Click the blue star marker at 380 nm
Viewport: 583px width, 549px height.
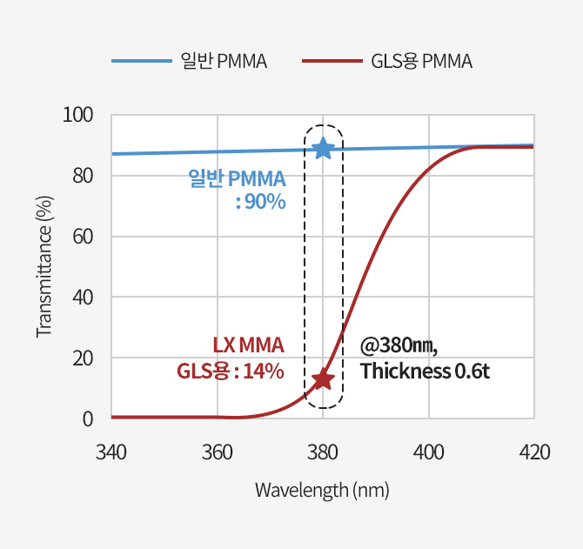tap(323, 148)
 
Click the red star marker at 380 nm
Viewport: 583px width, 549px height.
tap(323, 378)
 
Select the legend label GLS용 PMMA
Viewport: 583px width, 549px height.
tap(421, 62)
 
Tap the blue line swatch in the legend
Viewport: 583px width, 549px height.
tap(141, 62)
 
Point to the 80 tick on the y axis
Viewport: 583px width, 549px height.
tap(82, 176)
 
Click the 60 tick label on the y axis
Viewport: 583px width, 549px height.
tap(82, 237)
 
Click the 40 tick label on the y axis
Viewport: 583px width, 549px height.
tap(82, 298)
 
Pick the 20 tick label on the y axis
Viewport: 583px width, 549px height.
tap(82, 358)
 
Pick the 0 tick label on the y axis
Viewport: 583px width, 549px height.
tap(87, 419)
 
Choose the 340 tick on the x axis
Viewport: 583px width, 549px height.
tap(111, 452)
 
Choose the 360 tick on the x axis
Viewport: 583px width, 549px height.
tap(217, 452)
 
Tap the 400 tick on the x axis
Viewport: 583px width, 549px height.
tap(428, 452)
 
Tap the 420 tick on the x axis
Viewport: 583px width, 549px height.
tap(534, 452)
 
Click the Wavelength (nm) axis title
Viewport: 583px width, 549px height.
tap(322, 490)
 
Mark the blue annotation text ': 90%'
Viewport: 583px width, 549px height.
tap(260, 202)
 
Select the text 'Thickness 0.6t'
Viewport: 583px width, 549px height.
tap(426, 372)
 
